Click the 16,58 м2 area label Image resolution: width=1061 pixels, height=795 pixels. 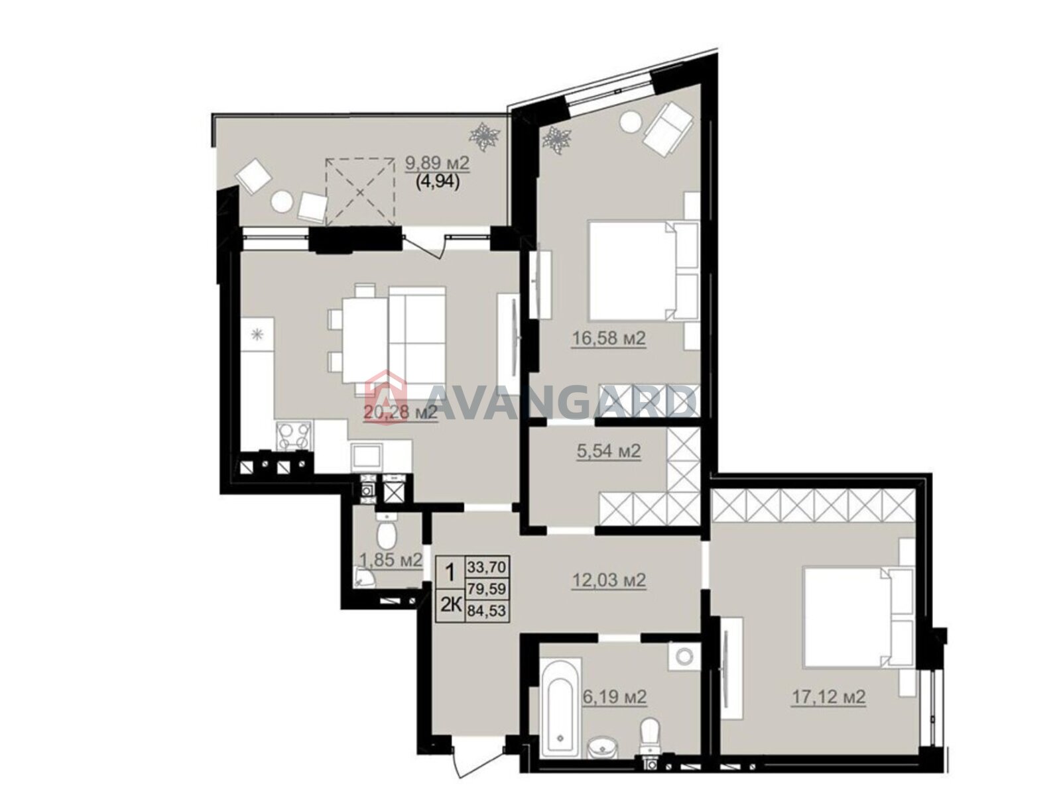point(609,339)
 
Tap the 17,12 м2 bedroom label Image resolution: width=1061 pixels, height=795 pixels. point(828,697)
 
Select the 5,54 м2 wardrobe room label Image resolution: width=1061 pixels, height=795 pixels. point(609,451)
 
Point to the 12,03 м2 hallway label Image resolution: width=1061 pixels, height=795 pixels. point(609,580)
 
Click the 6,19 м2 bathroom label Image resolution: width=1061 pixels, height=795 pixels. point(614,696)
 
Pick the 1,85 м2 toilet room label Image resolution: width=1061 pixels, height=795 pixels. point(391,560)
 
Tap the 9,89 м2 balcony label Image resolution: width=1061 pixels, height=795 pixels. point(437,163)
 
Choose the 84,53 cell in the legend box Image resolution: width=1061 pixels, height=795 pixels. point(486,611)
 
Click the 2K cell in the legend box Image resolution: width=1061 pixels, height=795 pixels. point(450,604)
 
